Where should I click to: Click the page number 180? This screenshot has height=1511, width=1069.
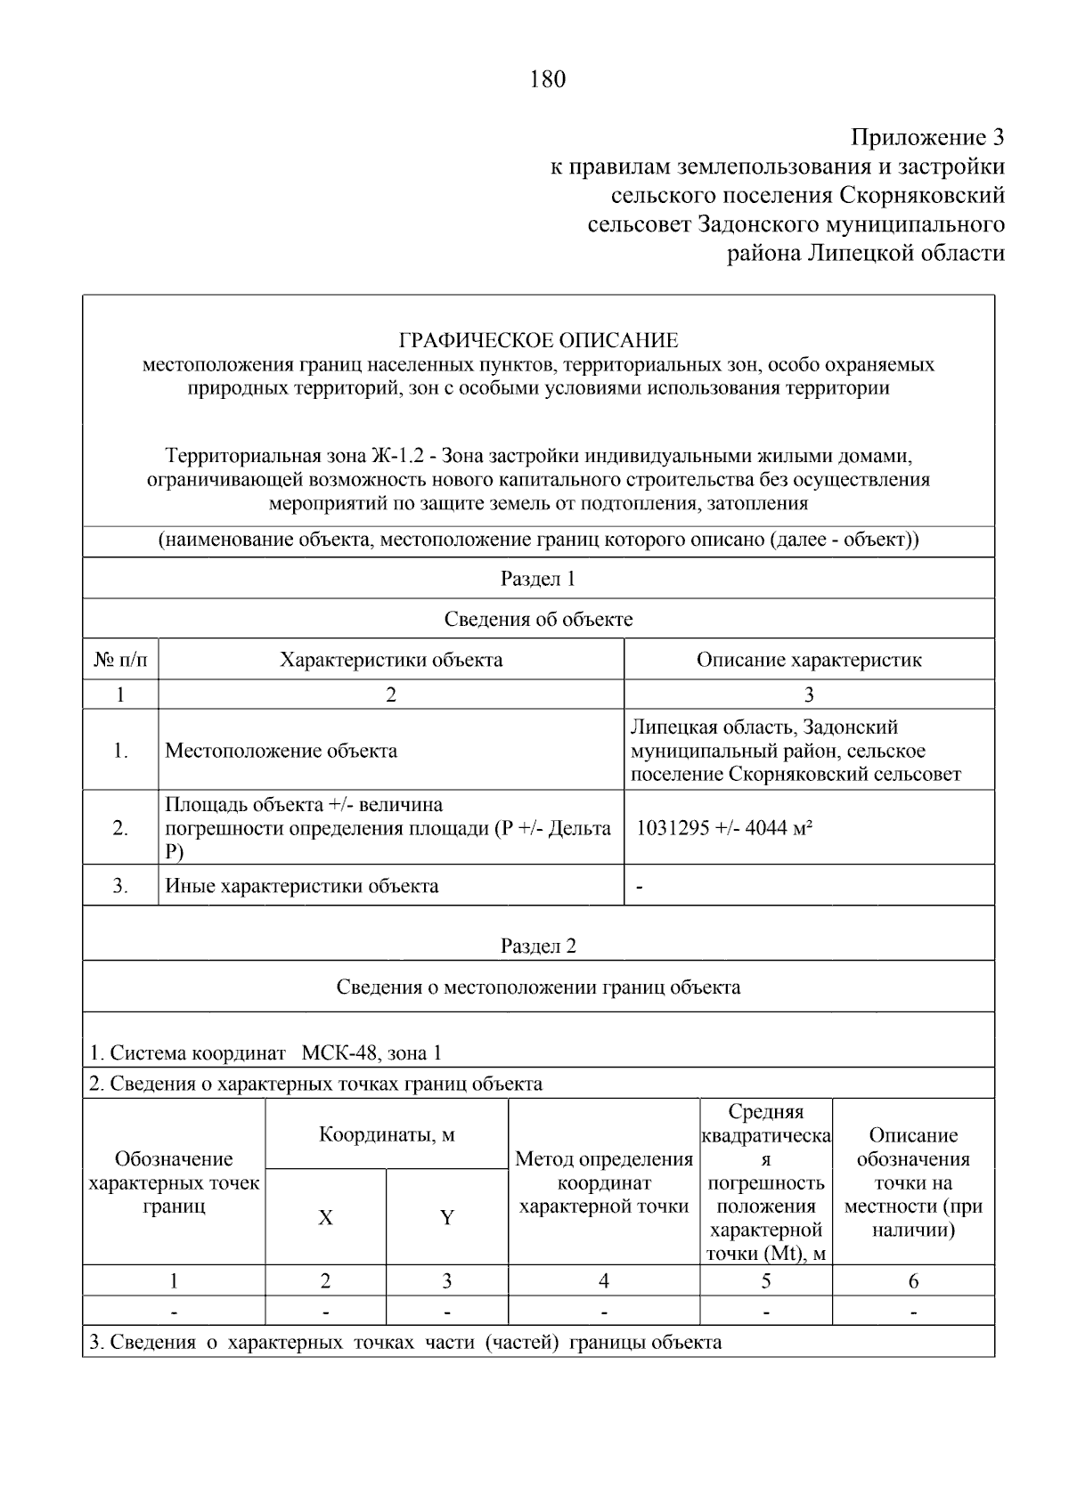tap(547, 80)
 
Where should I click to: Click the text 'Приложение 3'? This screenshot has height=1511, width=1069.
tap(927, 138)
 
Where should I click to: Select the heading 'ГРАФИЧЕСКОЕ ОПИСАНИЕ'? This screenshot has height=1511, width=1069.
tap(538, 341)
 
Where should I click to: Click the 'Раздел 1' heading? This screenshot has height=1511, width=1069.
tap(538, 579)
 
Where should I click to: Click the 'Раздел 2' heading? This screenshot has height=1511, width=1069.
tap(538, 946)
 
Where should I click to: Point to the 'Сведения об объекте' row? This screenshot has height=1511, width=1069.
tap(538, 619)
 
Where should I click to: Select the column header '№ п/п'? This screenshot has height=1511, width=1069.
tap(120, 660)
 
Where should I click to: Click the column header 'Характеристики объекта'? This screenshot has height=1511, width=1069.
tap(391, 660)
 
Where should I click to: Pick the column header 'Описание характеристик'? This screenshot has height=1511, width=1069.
tap(809, 660)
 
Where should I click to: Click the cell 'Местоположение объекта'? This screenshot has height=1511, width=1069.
tap(282, 751)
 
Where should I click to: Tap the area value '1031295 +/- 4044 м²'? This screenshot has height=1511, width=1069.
tap(723, 828)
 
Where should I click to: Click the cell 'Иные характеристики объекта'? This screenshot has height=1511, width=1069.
tap(302, 886)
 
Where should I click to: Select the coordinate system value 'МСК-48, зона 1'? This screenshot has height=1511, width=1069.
tap(371, 1053)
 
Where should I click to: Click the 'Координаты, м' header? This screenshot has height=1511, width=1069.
tap(387, 1135)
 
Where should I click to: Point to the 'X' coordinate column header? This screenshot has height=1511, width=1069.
tap(326, 1217)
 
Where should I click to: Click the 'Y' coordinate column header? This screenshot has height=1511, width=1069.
tap(447, 1217)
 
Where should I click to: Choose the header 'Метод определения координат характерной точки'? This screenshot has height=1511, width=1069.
tap(604, 1182)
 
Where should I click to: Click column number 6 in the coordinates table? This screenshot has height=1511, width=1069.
tap(913, 1281)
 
